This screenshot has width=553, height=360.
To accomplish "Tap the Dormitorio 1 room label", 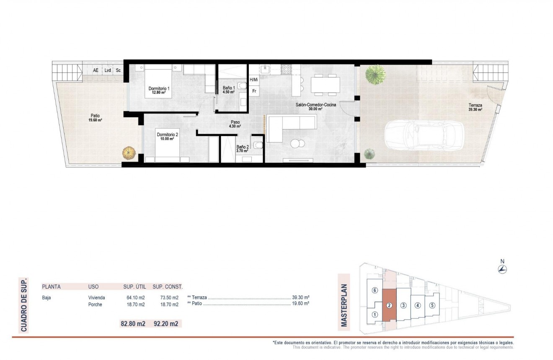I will (159, 89).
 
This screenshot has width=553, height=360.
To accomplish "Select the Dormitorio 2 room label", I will (168, 135).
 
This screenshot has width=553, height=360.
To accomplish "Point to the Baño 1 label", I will (228, 88).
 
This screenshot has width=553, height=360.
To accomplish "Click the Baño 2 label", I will (242, 147).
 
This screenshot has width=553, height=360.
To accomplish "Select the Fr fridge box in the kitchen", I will (254, 91).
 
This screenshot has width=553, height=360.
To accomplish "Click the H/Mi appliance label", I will (254, 79).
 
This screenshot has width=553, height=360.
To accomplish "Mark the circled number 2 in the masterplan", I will (389, 305).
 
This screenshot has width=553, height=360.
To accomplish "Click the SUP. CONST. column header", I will (168, 287).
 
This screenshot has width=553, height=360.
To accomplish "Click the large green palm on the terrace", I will (374, 75).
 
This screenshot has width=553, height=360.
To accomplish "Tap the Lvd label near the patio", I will (108, 70).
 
